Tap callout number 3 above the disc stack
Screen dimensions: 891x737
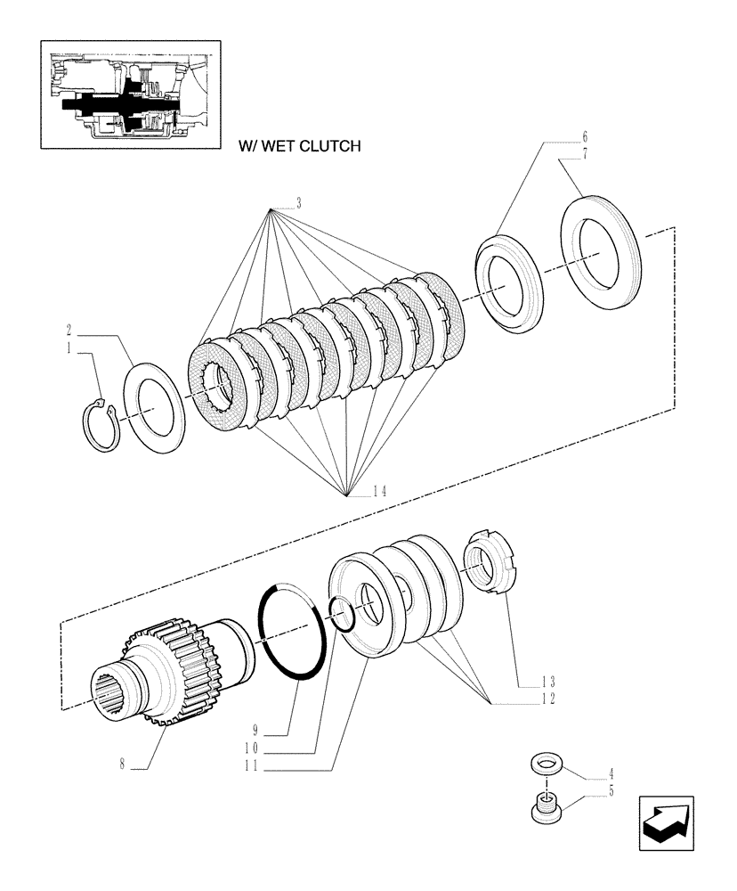tap(299, 204)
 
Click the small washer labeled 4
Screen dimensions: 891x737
tap(544, 764)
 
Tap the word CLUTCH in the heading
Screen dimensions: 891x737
tap(329, 146)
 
